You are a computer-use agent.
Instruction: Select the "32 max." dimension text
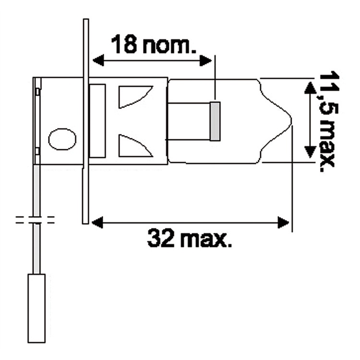189,238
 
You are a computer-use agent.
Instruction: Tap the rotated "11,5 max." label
326,121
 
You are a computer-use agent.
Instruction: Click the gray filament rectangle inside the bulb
215,121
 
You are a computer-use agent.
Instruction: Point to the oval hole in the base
62,139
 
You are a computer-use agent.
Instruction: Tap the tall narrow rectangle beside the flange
98,121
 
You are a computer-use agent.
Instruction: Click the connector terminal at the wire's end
36,308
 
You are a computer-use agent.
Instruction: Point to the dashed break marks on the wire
35,220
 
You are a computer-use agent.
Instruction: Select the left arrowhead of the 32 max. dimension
96,223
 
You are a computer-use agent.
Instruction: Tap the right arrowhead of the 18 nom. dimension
207,60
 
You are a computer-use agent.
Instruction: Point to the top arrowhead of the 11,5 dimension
310,87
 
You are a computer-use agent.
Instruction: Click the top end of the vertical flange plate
86,22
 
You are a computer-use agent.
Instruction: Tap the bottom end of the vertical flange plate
85,220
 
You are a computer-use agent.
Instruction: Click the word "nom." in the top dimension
170,45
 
